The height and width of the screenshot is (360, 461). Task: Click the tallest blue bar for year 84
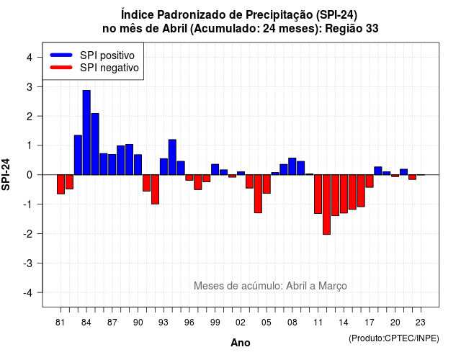(x=86, y=132)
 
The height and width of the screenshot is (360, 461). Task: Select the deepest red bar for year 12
(x=326, y=204)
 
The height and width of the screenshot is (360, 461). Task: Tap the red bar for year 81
(x=61, y=184)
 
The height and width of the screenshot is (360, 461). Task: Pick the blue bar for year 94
(x=172, y=157)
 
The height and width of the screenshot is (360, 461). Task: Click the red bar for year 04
(x=258, y=194)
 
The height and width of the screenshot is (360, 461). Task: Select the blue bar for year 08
(x=292, y=166)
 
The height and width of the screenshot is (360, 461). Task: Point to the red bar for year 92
(x=156, y=189)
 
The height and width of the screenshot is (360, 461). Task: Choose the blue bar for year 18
(x=378, y=171)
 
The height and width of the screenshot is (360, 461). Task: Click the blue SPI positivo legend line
(x=61, y=55)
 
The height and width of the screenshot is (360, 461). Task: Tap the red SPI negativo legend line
(x=61, y=67)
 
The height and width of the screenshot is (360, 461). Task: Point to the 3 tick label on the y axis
(x=30, y=87)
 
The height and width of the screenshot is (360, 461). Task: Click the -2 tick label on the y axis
(x=28, y=234)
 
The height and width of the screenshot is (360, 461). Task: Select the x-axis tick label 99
(x=215, y=323)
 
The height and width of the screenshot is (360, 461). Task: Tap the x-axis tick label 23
(x=421, y=323)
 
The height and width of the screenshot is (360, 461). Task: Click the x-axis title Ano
(x=241, y=343)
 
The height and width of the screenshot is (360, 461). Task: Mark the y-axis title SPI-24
(x=6, y=174)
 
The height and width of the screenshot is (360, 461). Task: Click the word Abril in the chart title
(x=174, y=29)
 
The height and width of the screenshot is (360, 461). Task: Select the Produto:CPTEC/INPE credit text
(x=394, y=338)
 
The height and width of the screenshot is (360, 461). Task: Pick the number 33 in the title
(x=372, y=29)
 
